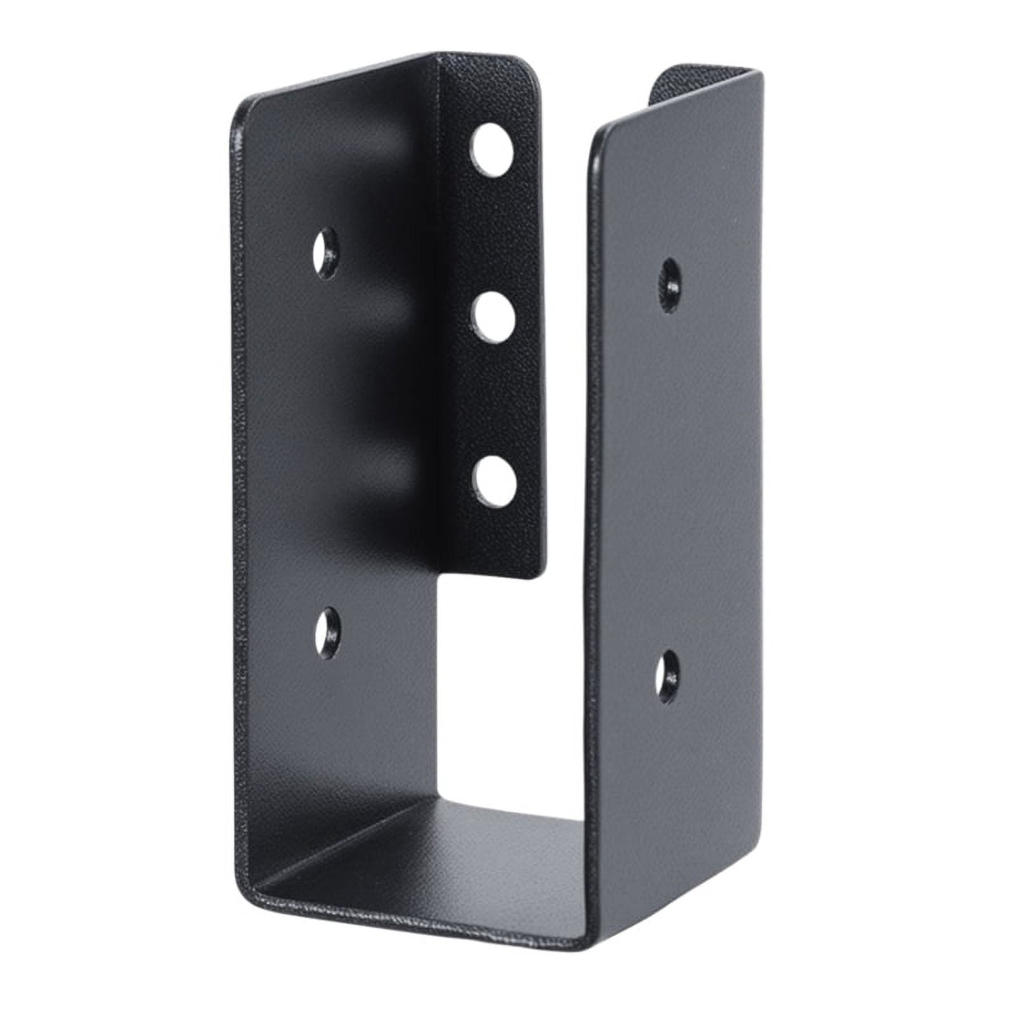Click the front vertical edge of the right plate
(591, 508)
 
